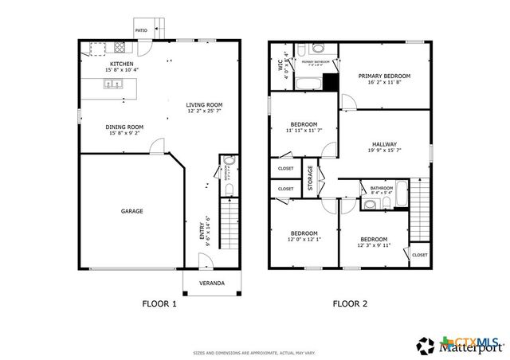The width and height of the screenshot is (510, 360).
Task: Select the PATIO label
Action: [141, 30]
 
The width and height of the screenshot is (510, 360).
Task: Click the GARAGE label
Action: [131, 211]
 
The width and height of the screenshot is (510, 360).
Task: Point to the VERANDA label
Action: [211, 284]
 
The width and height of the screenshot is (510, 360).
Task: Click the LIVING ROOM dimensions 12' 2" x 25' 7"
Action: [204, 112]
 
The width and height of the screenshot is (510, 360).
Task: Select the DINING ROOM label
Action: [124, 127]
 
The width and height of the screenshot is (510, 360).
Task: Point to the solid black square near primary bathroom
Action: [330, 82]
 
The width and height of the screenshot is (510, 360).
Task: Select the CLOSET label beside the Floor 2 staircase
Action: [419, 255]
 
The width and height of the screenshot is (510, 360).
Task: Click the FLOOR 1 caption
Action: [159, 303]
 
